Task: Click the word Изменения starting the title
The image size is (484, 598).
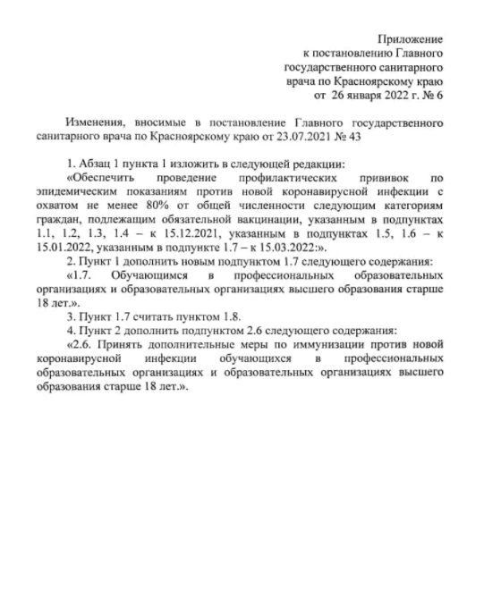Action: [x=96, y=122]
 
